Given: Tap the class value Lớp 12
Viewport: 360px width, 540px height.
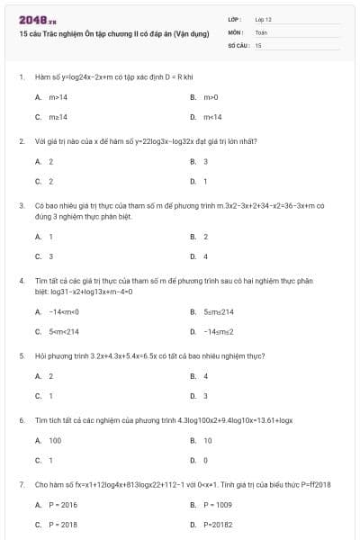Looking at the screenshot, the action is (263, 19).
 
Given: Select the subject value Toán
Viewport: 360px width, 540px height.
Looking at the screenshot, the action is (261, 31).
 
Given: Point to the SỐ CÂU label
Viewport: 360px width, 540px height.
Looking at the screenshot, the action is (238, 44).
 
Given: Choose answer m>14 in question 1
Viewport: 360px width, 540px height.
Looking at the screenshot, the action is (58, 96).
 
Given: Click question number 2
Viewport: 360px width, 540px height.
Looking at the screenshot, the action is (22, 141).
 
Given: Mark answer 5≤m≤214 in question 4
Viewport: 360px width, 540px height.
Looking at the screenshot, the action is (218, 311).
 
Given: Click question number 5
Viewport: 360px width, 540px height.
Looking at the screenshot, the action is (22, 355).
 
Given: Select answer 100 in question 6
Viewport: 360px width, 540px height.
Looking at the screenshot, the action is (55, 440).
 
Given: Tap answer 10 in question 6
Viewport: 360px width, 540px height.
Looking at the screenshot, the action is (208, 440).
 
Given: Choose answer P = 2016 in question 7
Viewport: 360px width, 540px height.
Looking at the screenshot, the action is (63, 505).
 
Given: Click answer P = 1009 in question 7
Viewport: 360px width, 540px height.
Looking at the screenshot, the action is (218, 505).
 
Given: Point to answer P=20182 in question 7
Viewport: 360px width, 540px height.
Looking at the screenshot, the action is (218, 524).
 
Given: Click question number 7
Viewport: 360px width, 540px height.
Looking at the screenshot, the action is (22, 484).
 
